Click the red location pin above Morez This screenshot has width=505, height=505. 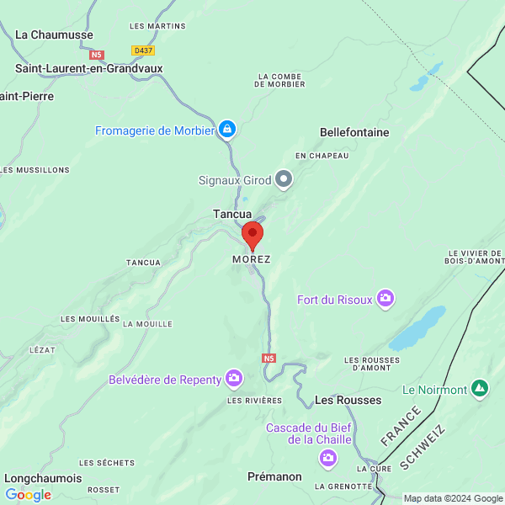[252, 235]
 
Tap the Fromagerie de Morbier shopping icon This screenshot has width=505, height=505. [226, 129]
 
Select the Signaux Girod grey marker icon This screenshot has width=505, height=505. [284, 178]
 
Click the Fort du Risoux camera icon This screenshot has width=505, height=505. [385, 298]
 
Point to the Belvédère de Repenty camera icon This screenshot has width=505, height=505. [234, 379]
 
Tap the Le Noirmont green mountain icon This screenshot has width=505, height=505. [480, 389]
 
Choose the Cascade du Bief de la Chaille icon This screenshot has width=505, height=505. [327, 458]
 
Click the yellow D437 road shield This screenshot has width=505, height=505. [143, 50]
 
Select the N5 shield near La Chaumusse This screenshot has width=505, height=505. [97, 55]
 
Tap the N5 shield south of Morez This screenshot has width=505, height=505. [268, 359]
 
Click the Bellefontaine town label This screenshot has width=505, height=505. [354, 132]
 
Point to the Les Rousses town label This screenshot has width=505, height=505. [348, 400]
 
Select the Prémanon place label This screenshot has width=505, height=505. [274, 476]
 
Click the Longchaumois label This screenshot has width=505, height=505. [44, 478]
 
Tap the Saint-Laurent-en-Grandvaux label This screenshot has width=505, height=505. [89, 68]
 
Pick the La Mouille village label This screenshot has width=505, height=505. [147, 323]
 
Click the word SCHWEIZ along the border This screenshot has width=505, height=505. [423, 448]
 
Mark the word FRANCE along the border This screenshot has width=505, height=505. [400, 426]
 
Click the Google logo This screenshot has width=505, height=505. [28, 495]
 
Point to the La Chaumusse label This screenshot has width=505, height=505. [55, 35]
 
